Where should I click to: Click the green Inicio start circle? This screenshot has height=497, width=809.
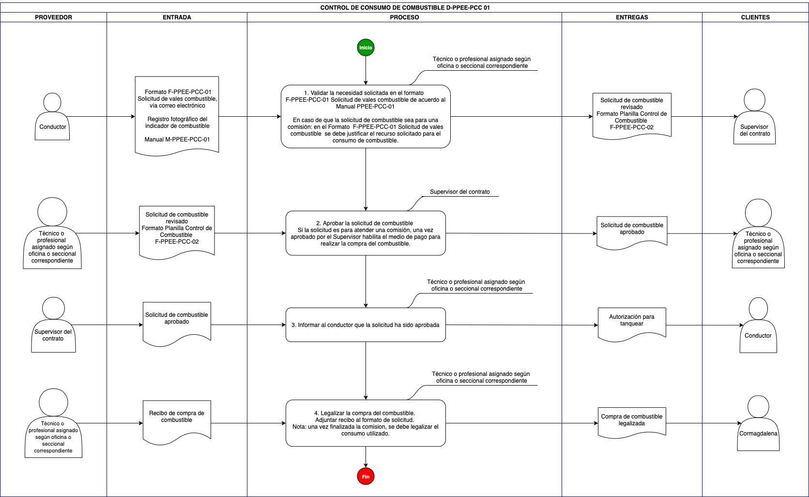tap(366, 47)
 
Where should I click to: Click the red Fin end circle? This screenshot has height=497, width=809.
tap(366, 476)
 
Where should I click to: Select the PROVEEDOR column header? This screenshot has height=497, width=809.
tap(53, 17)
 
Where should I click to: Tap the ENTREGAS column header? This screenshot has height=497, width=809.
tap(632, 17)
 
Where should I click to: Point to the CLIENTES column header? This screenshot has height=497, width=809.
tap(755, 17)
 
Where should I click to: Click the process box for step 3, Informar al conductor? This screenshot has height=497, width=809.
tap(366, 325)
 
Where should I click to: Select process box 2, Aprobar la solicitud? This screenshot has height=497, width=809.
tap(366, 233)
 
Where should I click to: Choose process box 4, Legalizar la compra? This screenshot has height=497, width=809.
tap(366, 423)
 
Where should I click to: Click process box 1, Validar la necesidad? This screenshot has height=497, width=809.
tap(366, 116)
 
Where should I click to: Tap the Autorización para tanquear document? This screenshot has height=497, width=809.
tap(632, 324)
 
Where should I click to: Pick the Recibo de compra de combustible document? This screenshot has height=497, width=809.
tap(177, 421)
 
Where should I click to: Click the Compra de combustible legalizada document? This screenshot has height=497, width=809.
tap(632, 422)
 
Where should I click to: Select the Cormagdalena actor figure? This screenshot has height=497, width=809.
tap(758, 423)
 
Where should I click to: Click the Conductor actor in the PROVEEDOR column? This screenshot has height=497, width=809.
tap(52, 116)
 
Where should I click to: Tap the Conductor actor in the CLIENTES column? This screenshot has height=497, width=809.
tap(758, 325)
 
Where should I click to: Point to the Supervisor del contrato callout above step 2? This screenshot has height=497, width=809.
tap(460, 192)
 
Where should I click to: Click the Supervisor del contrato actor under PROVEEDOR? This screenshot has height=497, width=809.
tap(53, 325)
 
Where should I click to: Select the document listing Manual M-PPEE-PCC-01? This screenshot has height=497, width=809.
tap(177, 116)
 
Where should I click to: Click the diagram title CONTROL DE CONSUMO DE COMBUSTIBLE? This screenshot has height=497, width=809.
tap(405, 8)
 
